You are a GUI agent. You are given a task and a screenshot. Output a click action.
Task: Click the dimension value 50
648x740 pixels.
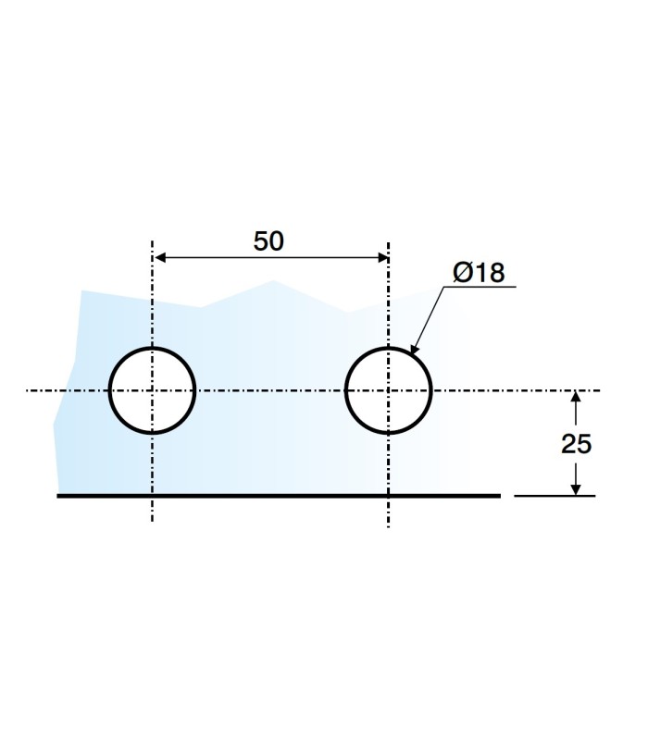268,240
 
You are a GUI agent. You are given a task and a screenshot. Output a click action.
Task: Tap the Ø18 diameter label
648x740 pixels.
479,272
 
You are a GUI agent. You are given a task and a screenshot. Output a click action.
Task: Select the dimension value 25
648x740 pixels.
576,444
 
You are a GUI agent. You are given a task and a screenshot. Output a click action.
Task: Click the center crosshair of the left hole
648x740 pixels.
153,390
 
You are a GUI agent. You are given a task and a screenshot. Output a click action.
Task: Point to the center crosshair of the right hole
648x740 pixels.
389,390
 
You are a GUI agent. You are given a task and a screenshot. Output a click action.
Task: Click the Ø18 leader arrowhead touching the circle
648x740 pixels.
414,352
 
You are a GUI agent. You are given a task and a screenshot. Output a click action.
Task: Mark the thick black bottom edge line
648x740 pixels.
278,496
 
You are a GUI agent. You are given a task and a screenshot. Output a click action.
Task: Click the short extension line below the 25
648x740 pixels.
555,496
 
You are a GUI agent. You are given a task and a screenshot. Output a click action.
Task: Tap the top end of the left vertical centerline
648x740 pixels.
153,243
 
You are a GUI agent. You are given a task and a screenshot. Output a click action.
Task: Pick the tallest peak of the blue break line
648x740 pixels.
273,280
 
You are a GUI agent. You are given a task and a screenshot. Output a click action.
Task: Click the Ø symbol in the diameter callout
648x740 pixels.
463,272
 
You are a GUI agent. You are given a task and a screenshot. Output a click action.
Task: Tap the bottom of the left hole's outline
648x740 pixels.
153,432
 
